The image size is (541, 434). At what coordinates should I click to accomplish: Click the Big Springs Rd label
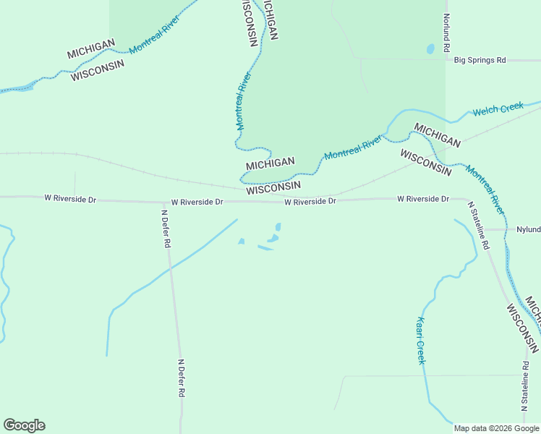coord(480,60)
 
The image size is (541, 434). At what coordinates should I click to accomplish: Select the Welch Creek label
coord(498,110)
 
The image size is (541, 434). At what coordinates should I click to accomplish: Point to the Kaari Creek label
coord(420,341)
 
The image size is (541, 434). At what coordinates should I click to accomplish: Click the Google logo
coord(24,425)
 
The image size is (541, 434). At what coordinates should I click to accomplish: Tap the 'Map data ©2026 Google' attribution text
coord(496,428)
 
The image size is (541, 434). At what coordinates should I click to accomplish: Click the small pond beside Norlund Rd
coord(430,49)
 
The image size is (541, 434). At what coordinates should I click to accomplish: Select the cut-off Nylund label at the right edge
coord(529,229)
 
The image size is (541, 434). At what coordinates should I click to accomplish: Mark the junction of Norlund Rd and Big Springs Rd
coord(447,60)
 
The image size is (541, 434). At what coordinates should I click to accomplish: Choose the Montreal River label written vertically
coord(243,101)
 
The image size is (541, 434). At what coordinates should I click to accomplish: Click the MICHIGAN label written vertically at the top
coord(271,20)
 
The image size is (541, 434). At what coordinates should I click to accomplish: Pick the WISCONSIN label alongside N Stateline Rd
coord(522,328)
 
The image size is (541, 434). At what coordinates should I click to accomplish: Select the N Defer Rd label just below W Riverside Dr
coord(166,229)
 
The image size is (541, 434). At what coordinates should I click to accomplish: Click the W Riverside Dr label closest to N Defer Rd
coord(197,203)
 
